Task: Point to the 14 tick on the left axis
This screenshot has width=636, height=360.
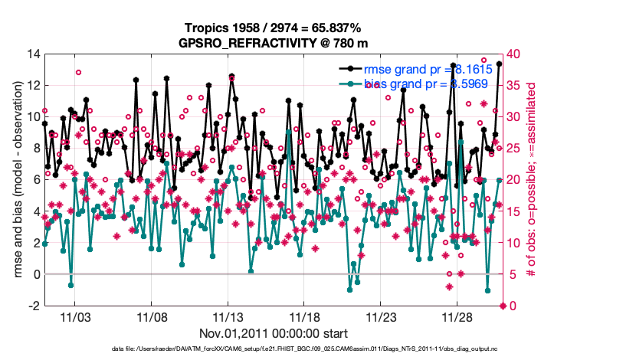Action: pyautogui.click(x=32, y=54)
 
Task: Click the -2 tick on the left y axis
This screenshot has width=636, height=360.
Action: pyautogui.click(x=34, y=306)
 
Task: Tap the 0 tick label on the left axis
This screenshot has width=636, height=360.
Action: pyautogui.click(x=35, y=274)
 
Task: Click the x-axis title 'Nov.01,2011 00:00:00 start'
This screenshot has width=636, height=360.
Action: pyautogui.click(x=274, y=333)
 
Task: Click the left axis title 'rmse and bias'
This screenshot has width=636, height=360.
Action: pyautogui.click(x=17, y=180)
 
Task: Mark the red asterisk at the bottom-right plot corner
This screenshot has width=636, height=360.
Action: pyautogui.click(x=503, y=306)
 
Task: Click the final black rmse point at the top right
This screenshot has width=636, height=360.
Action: pyautogui.click(x=499, y=64)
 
